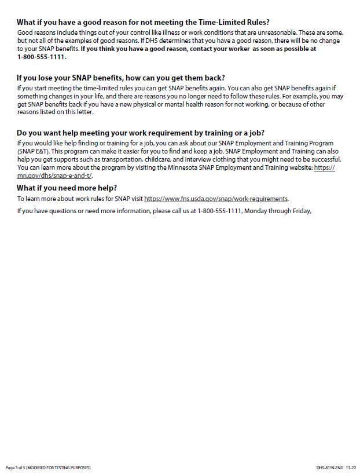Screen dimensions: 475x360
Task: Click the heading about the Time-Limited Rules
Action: coord(143,21)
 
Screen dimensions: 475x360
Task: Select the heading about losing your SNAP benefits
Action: coord(120,78)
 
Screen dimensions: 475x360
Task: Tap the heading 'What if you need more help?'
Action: coord(67,188)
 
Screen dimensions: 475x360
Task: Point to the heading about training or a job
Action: coord(144,133)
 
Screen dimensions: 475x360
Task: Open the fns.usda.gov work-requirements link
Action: coord(216,199)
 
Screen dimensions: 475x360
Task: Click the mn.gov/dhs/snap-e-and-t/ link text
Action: coord(55,176)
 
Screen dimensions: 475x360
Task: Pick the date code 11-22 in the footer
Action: coord(351,467)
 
